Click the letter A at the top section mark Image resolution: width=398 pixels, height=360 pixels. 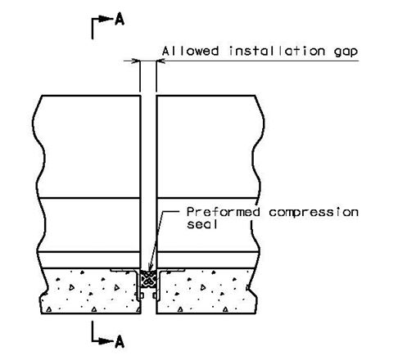point(120,20)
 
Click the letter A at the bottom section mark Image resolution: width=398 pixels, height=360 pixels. point(120,341)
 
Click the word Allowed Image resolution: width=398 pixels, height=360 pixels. point(190,51)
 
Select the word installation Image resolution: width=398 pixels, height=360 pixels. point(277,51)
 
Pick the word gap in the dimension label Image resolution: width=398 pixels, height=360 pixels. point(346,52)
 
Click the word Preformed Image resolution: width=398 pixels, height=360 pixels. point(223,212)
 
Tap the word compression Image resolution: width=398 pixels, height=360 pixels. point(314,213)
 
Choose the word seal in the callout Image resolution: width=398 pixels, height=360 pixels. point(202,224)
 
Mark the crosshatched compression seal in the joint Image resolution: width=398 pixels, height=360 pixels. point(148,279)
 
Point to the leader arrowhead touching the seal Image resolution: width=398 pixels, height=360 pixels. point(150,268)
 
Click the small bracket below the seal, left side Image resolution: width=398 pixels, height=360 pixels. point(141,295)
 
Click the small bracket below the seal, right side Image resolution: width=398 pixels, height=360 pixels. point(156,295)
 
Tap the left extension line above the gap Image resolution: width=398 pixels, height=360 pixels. point(140,76)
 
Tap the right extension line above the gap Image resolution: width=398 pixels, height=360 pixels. point(156,76)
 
